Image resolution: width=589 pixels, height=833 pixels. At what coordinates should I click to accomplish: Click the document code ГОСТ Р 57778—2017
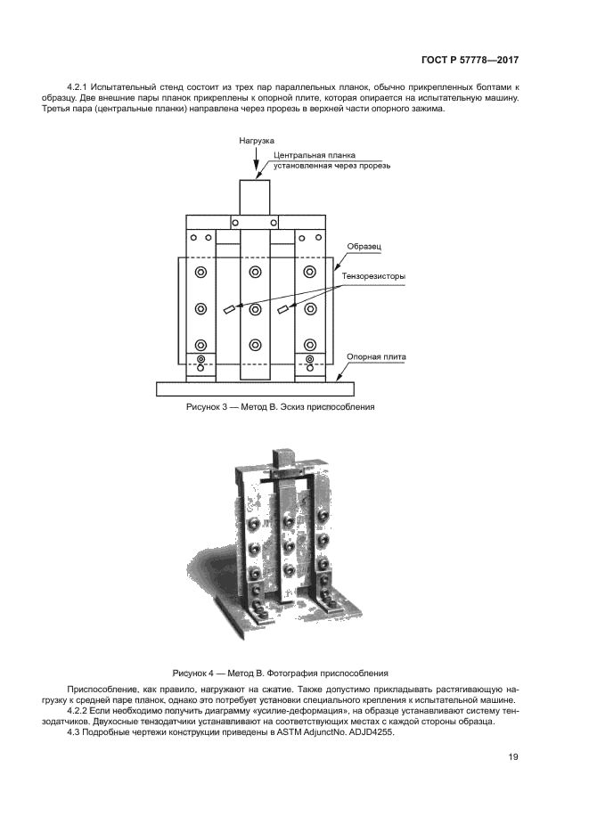(470, 60)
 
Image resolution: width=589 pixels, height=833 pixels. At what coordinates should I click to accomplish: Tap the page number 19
(513, 757)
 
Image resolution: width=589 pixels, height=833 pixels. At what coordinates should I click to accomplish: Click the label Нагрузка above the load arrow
(257, 141)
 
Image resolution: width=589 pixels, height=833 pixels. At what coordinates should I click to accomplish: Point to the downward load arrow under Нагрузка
(256, 162)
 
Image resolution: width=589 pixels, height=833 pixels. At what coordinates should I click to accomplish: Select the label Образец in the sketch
(364, 247)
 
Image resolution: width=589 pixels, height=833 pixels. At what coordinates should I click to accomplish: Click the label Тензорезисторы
(374, 276)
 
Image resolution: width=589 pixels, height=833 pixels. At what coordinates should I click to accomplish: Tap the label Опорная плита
(376, 357)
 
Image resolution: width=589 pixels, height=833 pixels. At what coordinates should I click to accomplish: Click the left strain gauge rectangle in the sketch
(229, 309)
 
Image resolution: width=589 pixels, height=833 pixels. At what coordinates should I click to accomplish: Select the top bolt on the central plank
(256, 273)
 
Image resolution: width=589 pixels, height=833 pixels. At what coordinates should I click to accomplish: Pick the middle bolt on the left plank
(200, 308)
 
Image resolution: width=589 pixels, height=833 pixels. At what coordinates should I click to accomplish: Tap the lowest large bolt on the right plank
(309, 345)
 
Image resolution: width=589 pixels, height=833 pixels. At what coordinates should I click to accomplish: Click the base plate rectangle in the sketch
(256, 388)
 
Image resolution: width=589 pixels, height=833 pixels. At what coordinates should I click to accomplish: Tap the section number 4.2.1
(78, 86)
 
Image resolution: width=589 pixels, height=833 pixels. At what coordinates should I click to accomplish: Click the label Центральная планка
(315, 155)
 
